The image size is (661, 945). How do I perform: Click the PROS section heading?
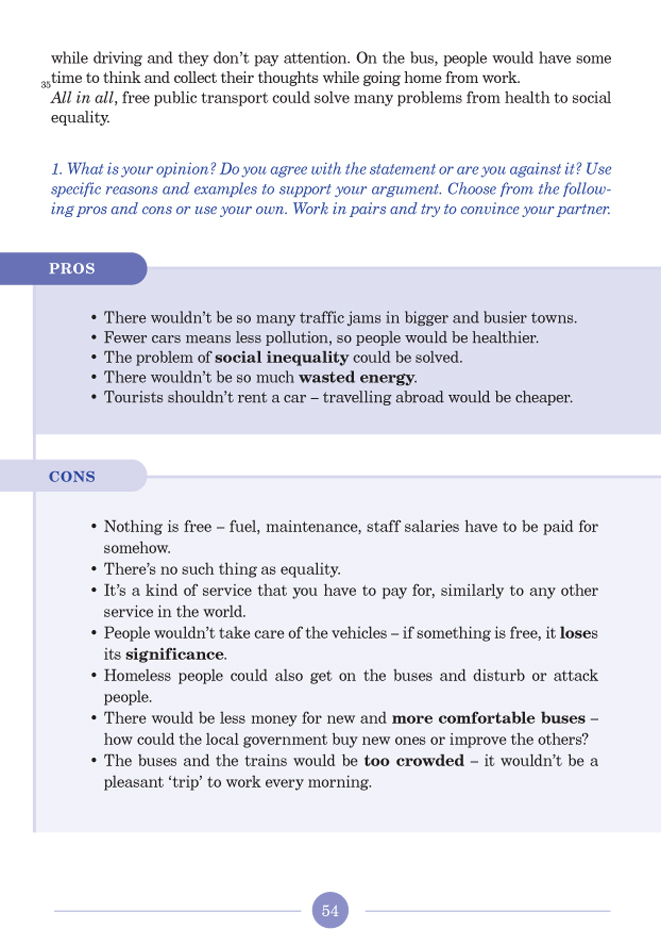point(72,269)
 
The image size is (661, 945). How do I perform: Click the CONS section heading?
point(72,477)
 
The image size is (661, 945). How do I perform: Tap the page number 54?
point(331,910)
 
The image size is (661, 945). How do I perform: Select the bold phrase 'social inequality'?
point(282,358)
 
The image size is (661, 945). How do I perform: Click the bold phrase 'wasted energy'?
point(357,378)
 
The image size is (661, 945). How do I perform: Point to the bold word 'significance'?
point(175,655)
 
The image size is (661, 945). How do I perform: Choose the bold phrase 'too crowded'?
point(414,761)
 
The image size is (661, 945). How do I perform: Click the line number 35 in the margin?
point(45,86)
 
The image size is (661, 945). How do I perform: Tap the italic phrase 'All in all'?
point(84,98)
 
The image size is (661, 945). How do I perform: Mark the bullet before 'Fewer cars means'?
point(93,339)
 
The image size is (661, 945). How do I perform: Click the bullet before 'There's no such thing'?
point(93,570)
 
